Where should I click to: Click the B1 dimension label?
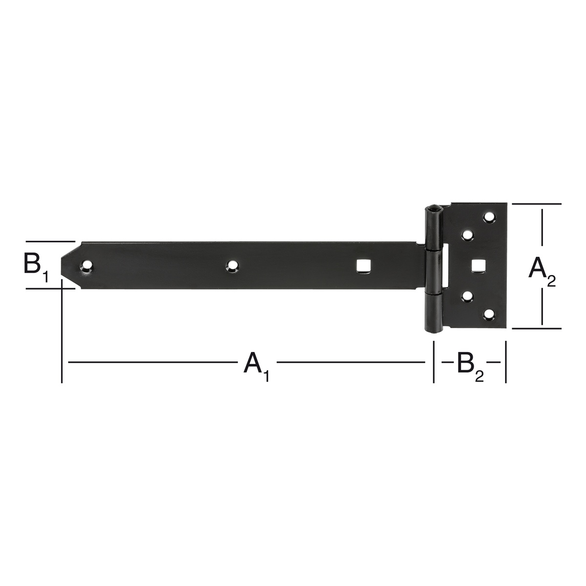tap(36, 266)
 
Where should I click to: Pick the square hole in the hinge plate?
tap(478, 266)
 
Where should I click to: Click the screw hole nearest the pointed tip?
tap(86, 266)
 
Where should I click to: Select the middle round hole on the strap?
tap(232, 266)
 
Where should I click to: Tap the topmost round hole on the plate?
tap(489, 217)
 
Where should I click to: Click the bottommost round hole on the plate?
tap(489, 314)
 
